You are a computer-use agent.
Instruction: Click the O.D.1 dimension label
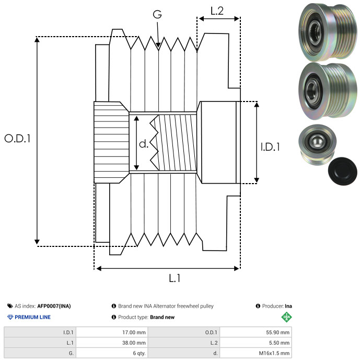pyautogui.click(x=17, y=139)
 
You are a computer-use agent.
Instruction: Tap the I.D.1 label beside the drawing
pyautogui.click(x=270, y=148)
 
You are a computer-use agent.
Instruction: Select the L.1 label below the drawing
pyautogui.click(x=175, y=279)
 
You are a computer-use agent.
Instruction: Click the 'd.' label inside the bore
pyautogui.click(x=144, y=144)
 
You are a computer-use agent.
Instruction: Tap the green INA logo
pyautogui.click(x=286, y=317)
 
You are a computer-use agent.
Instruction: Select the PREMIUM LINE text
pyautogui.click(x=33, y=317)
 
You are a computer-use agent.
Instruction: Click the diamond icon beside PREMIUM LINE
pyautogui.click(x=10, y=317)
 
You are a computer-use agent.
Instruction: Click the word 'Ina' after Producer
pyautogui.click(x=288, y=306)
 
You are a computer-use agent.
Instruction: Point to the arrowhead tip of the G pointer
pyautogui.click(x=158, y=49)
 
